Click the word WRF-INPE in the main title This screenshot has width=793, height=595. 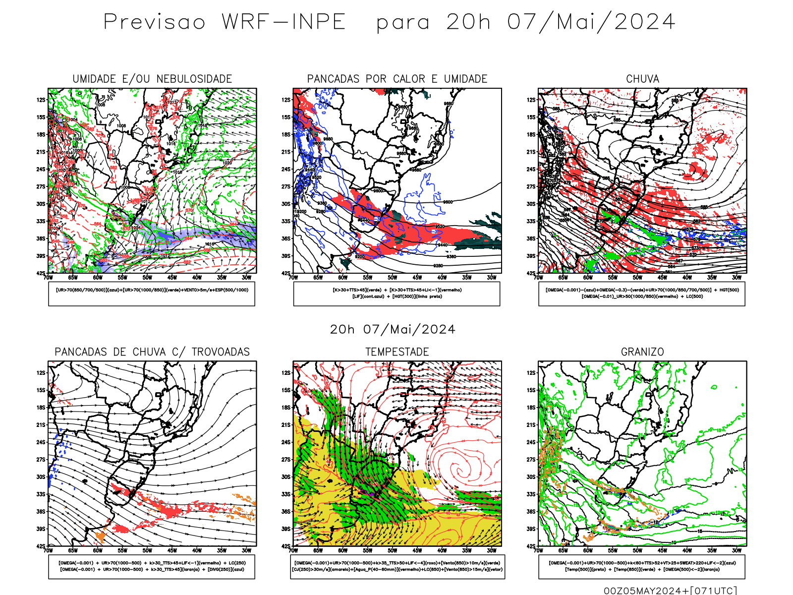pyautogui.click(x=283, y=22)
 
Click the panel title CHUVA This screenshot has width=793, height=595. pyautogui.click(x=642, y=79)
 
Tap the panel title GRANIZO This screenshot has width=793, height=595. pyautogui.click(x=642, y=352)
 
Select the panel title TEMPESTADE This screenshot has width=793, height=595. pyautogui.click(x=397, y=352)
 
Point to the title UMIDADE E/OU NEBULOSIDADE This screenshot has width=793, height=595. pyautogui.click(x=152, y=79)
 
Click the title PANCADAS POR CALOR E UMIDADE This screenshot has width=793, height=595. pyautogui.click(x=397, y=79)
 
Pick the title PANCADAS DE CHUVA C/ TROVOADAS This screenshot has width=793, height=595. pyautogui.click(x=152, y=352)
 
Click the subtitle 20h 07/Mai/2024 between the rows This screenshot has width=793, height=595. pyautogui.click(x=393, y=330)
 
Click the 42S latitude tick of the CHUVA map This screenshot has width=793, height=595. pyautogui.click(x=531, y=273)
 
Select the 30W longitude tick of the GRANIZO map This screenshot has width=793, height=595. pyautogui.click(x=736, y=550)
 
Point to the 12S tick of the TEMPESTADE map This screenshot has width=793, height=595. pyautogui.click(x=286, y=373)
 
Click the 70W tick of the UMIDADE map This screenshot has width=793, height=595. pyautogui.click(x=48, y=278)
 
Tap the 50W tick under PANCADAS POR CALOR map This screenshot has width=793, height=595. pyautogui.click(x=392, y=278)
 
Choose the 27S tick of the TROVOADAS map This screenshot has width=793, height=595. pyautogui.click(x=41, y=460)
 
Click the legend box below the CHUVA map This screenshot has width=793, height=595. pyautogui.click(x=642, y=294)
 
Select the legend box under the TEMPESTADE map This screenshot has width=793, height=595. pyautogui.click(x=397, y=566)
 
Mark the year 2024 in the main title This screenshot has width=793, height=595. pyautogui.click(x=644, y=22)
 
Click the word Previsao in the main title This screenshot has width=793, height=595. pyautogui.click(x=154, y=22)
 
